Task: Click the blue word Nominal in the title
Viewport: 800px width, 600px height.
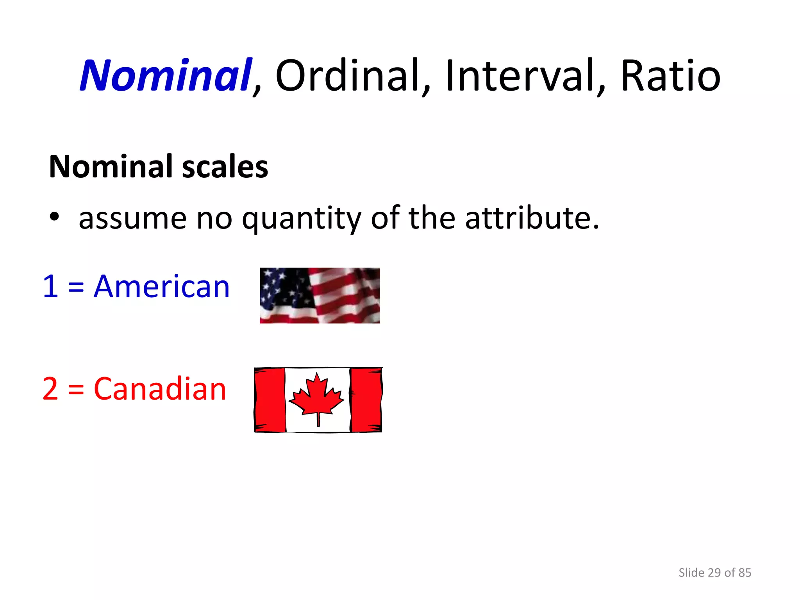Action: (x=166, y=75)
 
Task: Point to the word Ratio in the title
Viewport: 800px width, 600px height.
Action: (x=670, y=75)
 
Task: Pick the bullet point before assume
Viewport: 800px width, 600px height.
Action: (x=54, y=217)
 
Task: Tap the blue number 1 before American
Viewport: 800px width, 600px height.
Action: (x=50, y=286)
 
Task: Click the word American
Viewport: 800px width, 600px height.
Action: (x=162, y=286)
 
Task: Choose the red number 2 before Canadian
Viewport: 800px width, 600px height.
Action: (x=50, y=389)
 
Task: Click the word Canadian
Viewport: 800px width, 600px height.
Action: (x=160, y=389)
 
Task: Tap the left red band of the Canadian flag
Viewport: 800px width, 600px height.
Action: (x=270, y=400)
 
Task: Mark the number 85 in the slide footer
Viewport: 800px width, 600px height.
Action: (x=745, y=572)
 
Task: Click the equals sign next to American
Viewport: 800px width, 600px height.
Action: (x=76, y=287)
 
